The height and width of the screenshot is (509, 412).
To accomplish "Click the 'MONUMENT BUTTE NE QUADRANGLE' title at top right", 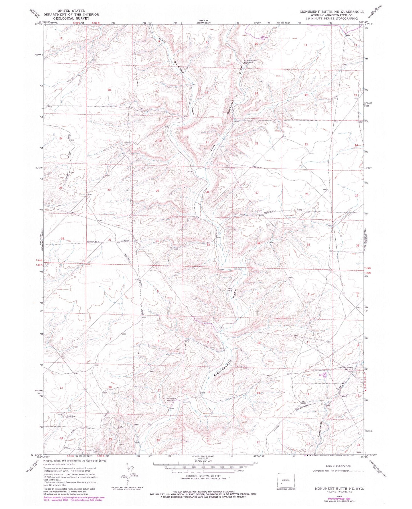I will (332, 12).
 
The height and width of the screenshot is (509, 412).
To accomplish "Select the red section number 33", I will (208, 245).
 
